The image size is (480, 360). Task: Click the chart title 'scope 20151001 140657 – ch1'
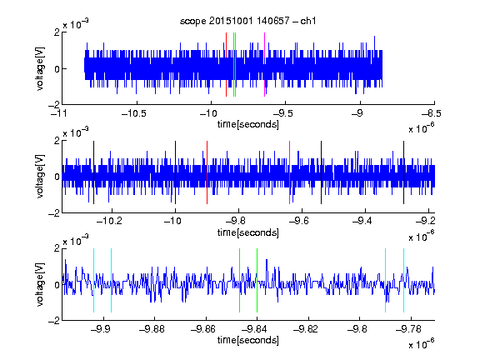pyautogui.click(x=248, y=21)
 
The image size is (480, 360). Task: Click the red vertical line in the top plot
pyautogui.click(x=226, y=65)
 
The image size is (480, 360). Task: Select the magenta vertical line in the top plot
pyautogui.click(x=264, y=65)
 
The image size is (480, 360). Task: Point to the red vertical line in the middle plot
pyautogui.click(x=207, y=172)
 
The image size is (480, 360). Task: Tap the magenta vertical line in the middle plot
pyautogui.click(x=290, y=172)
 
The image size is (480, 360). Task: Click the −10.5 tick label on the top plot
pyautogui.click(x=134, y=113)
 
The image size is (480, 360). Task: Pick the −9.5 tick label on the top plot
pyautogui.click(x=283, y=113)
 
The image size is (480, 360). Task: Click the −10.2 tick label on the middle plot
pyautogui.click(x=109, y=221)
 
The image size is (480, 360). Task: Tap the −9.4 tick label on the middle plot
pyautogui.click(x=362, y=221)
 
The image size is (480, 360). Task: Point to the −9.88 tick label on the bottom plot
pyautogui.click(x=152, y=329)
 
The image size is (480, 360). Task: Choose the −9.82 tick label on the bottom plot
pyautogui.click(x=306, y=329)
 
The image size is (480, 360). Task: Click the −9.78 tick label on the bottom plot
pyautogui.click(x=408, y=329)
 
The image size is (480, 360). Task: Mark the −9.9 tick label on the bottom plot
pyautogui.click(x=101, y=329)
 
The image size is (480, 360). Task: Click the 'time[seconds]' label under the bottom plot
pyautogui.click(x=248, y=340)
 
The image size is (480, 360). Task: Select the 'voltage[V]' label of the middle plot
pyautogui.click(x=40, y=176)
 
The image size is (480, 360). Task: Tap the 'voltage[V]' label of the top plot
pyautogui.click(x=40, y=68)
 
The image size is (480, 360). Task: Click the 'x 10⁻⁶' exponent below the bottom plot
pyautogui.click(x=422, y=343)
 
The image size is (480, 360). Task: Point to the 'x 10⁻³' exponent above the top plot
pyautogui.click(x=76, y=23)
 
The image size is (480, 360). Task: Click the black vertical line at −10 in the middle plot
pyautogui.click(x=175, y=172)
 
